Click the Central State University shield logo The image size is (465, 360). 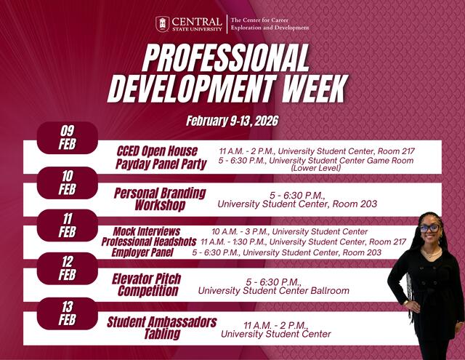pos(163,24)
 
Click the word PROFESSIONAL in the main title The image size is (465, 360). pos(225,57)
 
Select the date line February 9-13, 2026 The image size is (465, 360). pos(232,120)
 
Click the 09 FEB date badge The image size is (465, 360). pos(67,137)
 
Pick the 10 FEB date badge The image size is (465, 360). pos(67,182)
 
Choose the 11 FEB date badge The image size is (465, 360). pos(67,225)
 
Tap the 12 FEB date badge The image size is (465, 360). pos(67,268)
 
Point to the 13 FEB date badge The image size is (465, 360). pos(67,313)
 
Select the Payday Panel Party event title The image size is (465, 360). pos(161,164)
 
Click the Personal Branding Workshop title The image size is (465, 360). pos(160,199)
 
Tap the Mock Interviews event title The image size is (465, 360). pos(146,231)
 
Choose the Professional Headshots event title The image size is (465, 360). pos(149,241)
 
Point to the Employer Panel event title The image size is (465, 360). pos(142,252)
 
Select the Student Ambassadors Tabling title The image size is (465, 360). pos(161,328)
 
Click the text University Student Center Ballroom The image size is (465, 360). pos(273,291)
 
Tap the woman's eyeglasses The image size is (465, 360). pos(429,228)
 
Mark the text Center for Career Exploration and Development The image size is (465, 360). pos(270,24)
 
